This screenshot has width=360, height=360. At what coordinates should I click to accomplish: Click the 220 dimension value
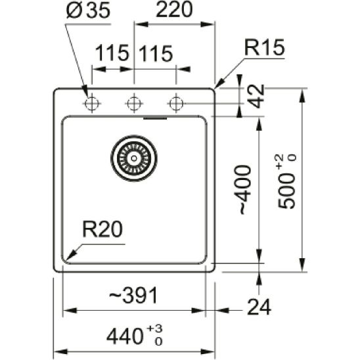pyautogui.click(x=175, y=11)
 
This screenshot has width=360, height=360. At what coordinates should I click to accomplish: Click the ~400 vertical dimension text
pyautogui.click(x=244, y=189)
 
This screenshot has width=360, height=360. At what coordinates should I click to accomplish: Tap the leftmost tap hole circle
pyautogui.click(x=91, y=103)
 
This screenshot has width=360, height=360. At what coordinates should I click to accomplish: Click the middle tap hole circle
pyautogui.click(x=135, y=103)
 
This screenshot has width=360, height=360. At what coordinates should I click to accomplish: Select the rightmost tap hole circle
pyautogui.click(x=175, y=103)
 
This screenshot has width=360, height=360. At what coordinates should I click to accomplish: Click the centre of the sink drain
pyautogui.click(x=134, y=157)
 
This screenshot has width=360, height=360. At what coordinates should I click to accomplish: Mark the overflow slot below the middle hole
pyautogui.click(x=156, y=119)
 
